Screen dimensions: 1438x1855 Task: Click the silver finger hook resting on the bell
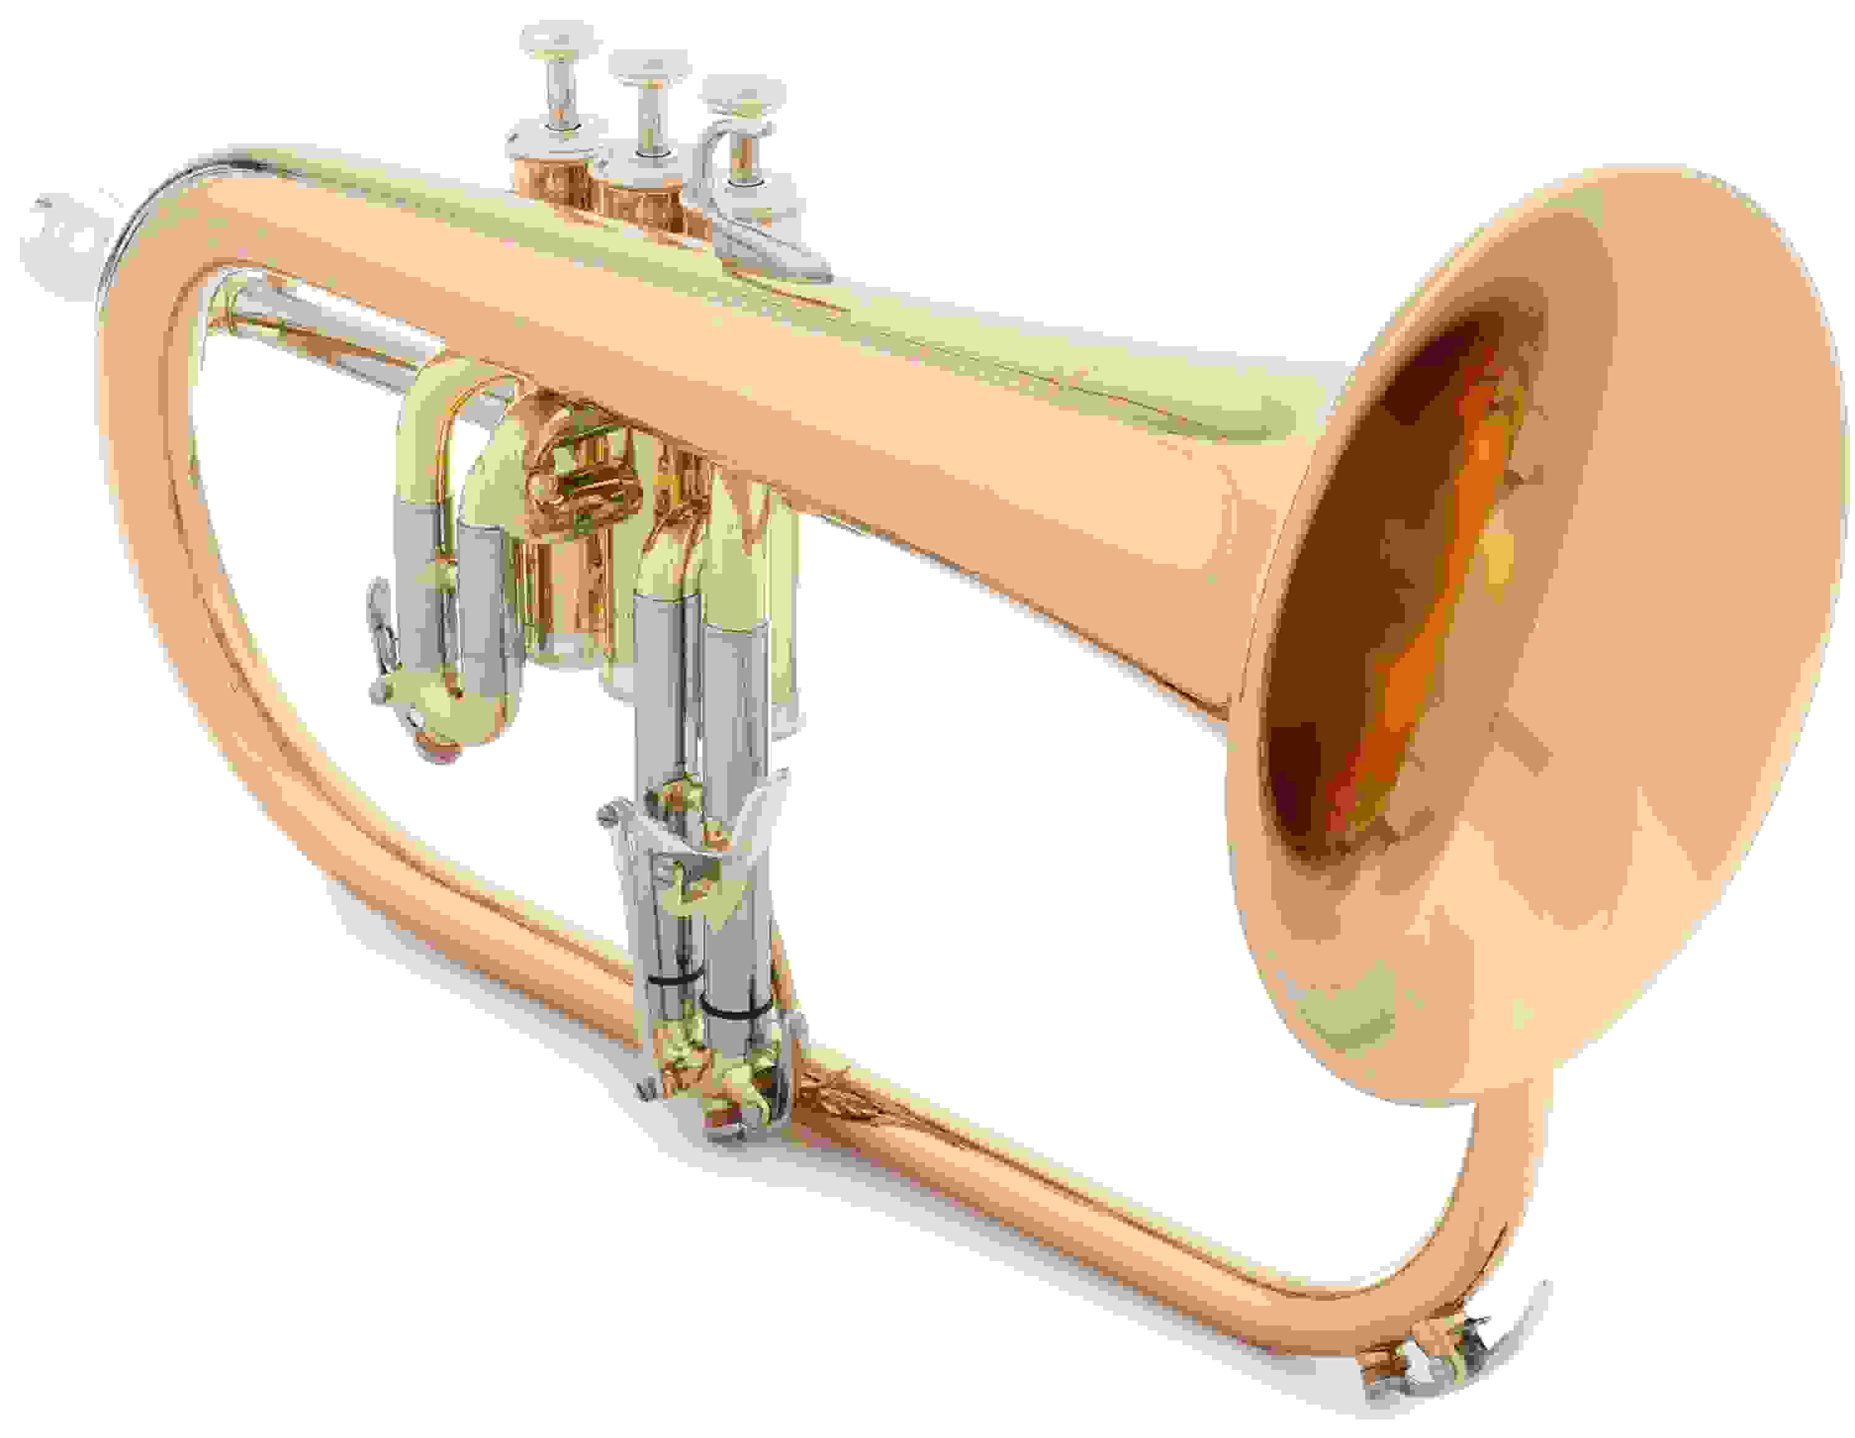pyautogui.click(x=769, y=246)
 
